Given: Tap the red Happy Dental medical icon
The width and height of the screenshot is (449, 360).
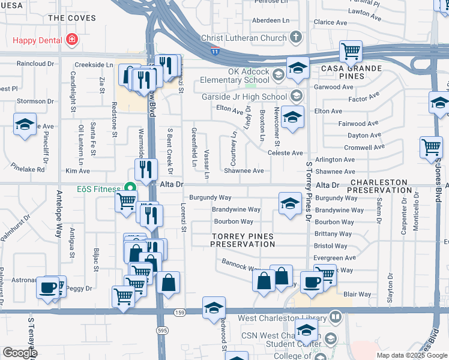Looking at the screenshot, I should [x=72, y=40].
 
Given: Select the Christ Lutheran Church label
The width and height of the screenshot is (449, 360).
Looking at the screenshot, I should [x=243, y=38].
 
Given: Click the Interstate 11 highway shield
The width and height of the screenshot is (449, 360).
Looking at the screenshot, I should [x=215, y=52].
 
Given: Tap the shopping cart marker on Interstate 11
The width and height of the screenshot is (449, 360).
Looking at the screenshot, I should [x=351, y=51].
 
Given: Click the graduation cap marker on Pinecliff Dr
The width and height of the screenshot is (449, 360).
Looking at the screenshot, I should [x=25, y=124].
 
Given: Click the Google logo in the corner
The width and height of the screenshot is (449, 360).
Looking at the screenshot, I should [x=20, y=352].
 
